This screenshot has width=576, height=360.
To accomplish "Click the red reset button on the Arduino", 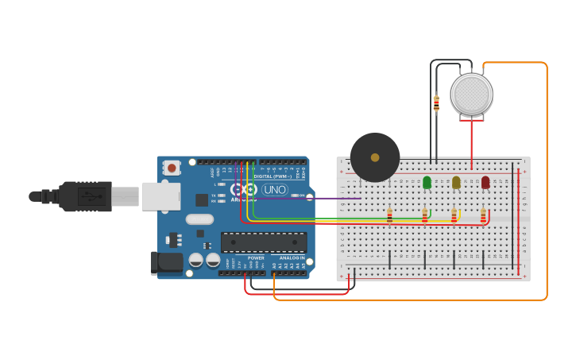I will pos(172,167).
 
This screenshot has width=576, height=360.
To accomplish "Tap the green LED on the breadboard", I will pos(427,183).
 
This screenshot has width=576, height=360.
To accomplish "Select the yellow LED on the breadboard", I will pos(456,183).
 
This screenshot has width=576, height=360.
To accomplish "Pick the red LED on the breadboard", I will pos(485,183).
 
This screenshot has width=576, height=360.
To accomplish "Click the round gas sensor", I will pos(471,94).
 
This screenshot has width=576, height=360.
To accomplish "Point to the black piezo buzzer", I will pos(375,157).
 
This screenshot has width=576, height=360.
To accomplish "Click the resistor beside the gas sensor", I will pos(436,103).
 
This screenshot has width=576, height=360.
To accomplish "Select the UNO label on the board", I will pos(275,189).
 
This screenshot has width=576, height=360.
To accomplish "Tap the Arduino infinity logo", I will pos(248,190).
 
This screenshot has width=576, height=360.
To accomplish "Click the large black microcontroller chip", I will pos(264,242).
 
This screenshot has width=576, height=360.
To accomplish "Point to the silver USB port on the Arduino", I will pos(160,196).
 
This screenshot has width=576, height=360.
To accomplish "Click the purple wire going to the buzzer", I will pos(334,198).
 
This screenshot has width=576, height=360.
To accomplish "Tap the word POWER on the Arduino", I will pos(256,257).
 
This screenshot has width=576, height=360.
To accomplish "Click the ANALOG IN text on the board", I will pos(291,257).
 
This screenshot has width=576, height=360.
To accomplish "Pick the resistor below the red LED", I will pos(483,216).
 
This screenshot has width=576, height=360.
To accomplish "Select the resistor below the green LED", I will pos(424,216).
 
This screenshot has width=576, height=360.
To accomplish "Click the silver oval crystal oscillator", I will pos(200,219).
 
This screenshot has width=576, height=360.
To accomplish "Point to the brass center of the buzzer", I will pos(375,157).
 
